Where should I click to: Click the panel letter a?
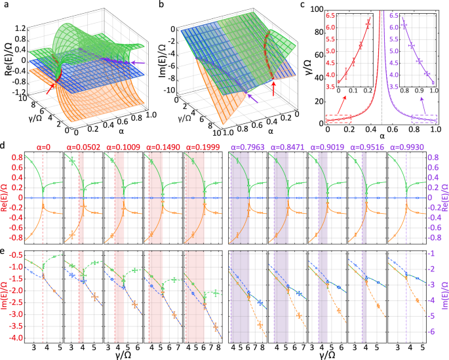[x=5, y=5]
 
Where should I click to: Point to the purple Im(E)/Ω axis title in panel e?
[x=443, y=295]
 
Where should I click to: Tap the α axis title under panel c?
[x=381, y=138]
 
